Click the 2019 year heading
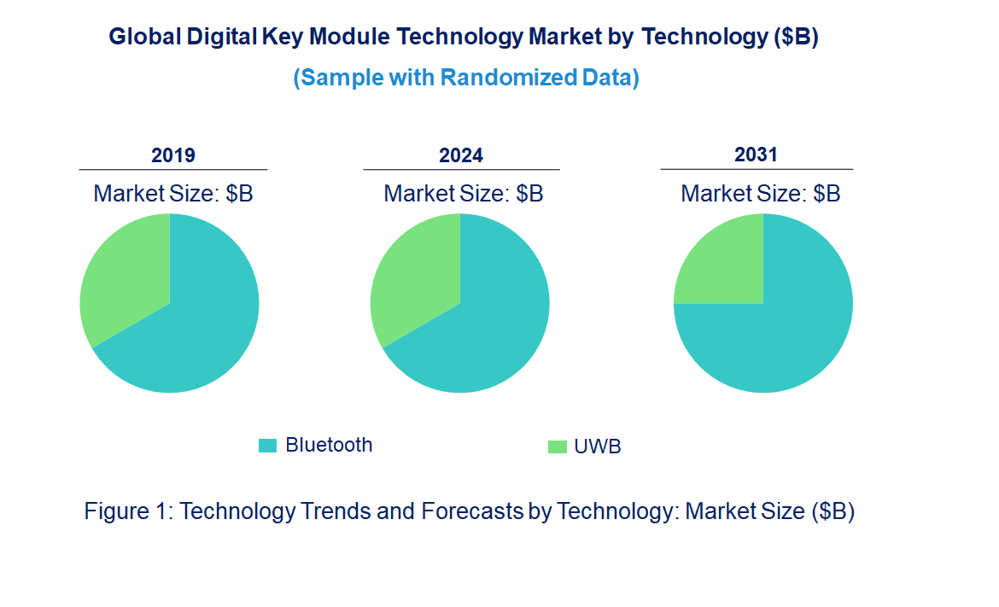point(173,155)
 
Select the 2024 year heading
point(461,155)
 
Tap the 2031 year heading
point(757,155)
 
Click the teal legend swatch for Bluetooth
point(268,446)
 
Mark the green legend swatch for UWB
point(557,446)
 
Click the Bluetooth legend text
point(329,445)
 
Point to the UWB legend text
point(598,446)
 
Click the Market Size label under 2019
point(173,194)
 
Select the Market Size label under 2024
point(464,194)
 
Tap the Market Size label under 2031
point(760,194)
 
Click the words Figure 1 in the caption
point(128,511)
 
